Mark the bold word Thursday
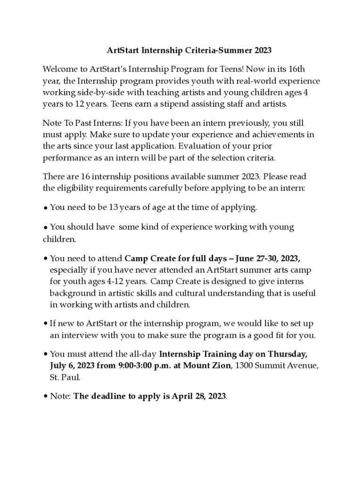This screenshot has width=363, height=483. click(288, 354)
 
